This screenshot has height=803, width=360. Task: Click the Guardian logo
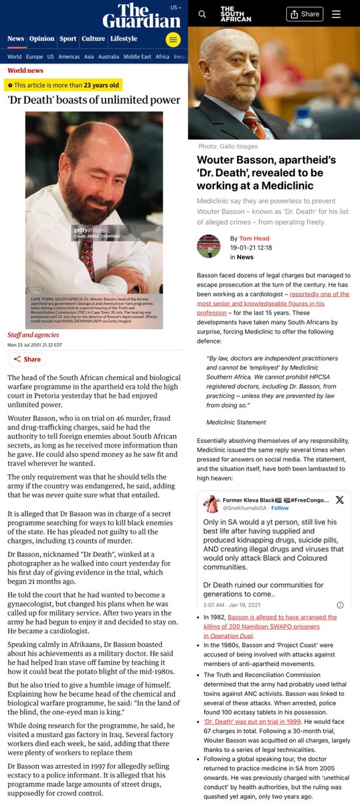[x=142, y=17]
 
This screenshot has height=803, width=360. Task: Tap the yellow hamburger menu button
[x=173, y=39]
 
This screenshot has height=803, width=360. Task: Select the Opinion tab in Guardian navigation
[x=41, y=39]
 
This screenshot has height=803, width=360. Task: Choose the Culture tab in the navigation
[x=93, y=39]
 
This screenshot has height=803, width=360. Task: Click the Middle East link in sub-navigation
[x=137, y=57]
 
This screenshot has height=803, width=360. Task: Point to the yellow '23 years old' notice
[x=64, y=85]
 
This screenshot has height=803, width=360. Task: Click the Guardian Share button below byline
[x=27, y=359]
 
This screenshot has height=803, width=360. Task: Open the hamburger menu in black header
[x=336, y=14]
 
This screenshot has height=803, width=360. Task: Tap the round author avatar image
[x=209, y=246]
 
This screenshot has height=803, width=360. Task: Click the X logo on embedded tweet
[x=339, y=500]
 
